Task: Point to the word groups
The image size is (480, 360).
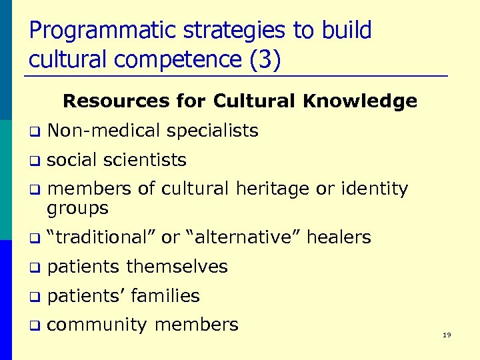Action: (77, 208)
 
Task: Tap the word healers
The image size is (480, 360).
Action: (339, 237)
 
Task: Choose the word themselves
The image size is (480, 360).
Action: (177, 267)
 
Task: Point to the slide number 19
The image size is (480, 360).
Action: (447, 335)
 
